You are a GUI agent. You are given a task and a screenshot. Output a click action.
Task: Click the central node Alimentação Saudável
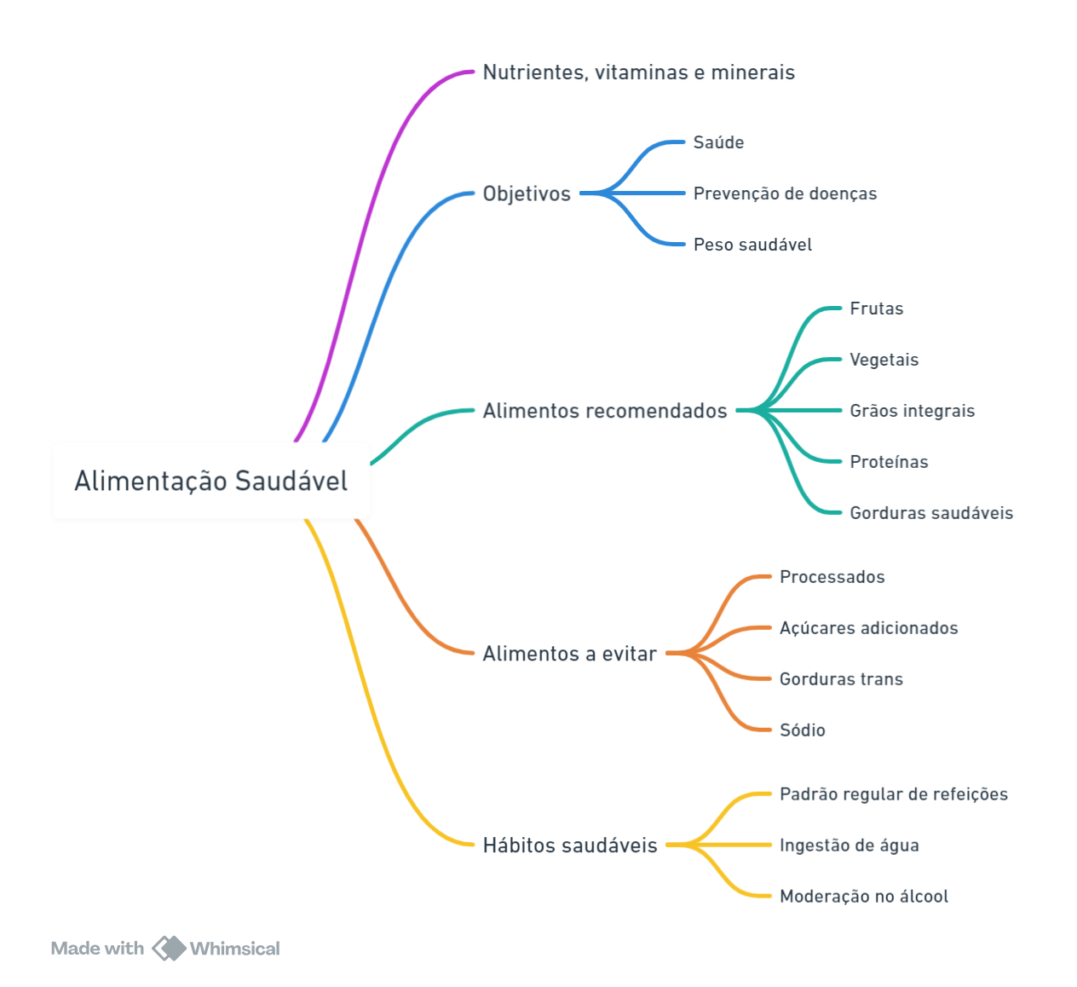tap(211, 481)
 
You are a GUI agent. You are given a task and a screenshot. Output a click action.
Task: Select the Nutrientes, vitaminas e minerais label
tap(638, 72)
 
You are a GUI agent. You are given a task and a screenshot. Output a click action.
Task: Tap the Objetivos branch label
tap(527, 193)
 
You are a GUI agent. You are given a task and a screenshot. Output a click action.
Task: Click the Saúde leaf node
tap(718, 142)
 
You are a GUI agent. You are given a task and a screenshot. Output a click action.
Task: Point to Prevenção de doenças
tap(785, 193)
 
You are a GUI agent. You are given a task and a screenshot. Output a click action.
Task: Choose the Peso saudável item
tap(752, 245)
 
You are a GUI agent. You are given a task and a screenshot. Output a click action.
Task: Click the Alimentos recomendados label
tap(605, 411)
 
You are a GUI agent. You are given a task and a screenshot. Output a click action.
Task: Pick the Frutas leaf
tap(876, 309)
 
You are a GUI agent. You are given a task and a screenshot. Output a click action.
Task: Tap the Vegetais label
tap(884, 360)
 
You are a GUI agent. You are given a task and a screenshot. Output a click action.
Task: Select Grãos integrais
tap(913, 411)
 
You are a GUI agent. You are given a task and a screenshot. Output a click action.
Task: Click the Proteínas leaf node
tap(889, 461)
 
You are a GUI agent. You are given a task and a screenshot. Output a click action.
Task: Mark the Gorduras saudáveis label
tap(931, 512)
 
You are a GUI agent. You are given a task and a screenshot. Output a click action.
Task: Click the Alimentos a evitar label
tap(570, 654)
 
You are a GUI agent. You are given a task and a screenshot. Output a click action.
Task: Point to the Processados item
tap(832, 576)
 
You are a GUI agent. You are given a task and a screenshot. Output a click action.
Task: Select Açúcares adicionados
tap(869, 627)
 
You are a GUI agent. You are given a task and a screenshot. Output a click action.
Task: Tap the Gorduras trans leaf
tap(841, 678)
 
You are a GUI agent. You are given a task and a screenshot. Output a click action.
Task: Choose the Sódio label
tap(802, 730)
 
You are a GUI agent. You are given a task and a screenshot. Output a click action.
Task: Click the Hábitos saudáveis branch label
tap(570, 846)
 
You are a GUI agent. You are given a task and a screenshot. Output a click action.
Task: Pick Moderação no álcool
tap(864, 896)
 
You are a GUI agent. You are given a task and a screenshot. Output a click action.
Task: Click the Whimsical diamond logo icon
tap(169, 949)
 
